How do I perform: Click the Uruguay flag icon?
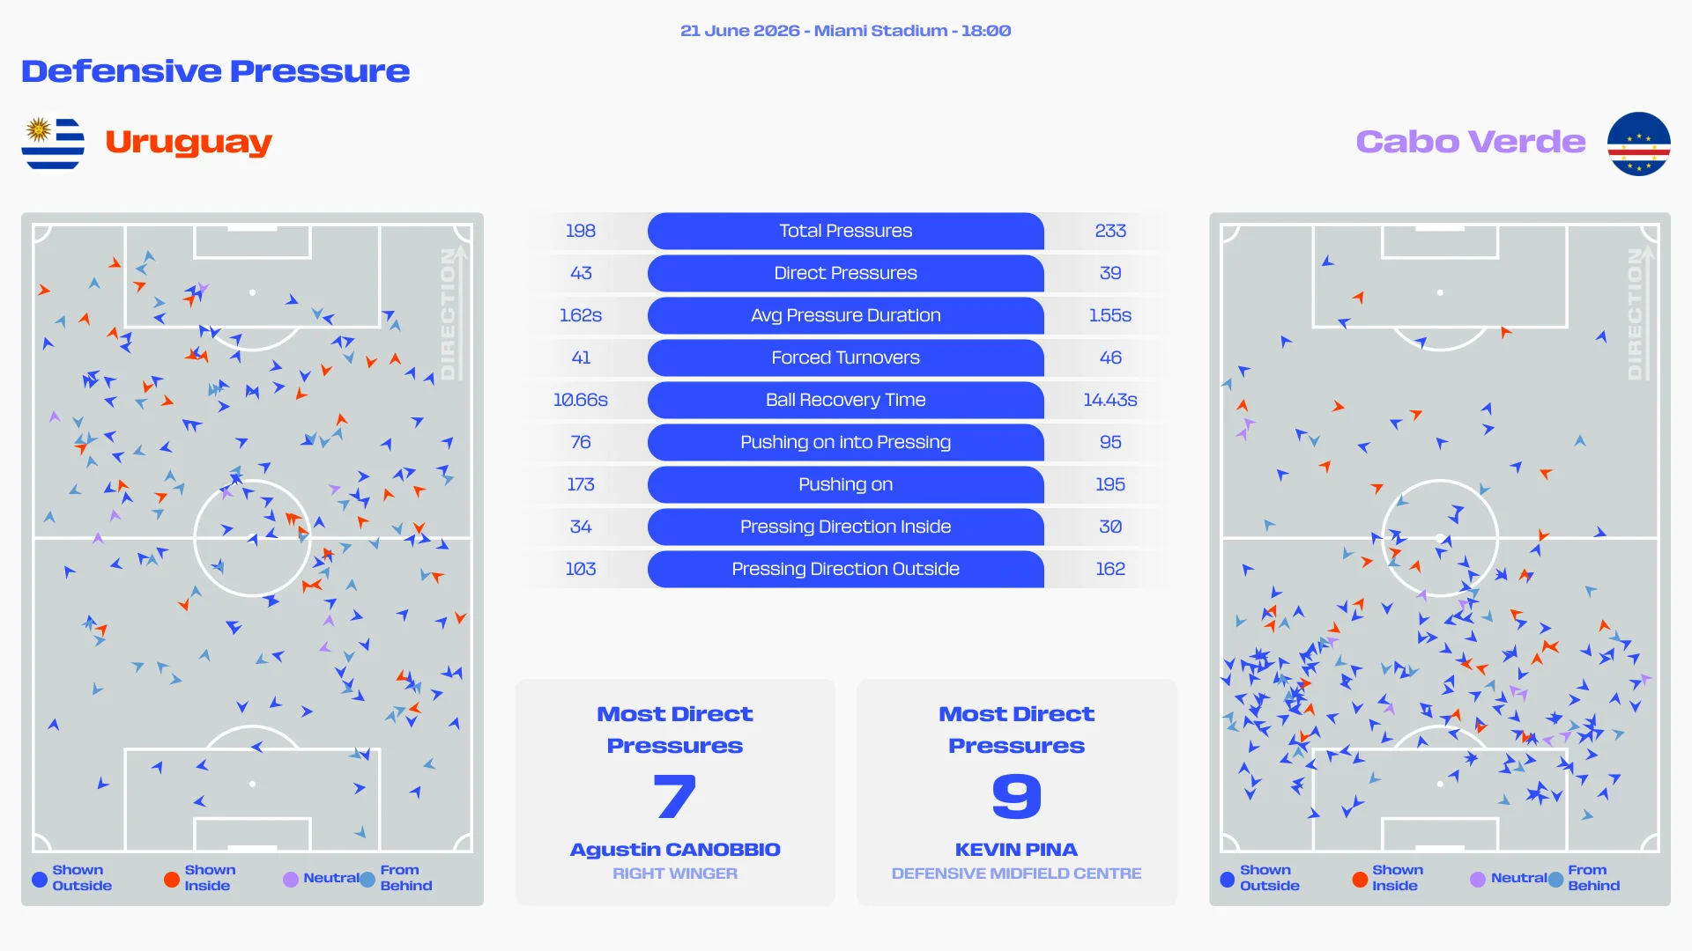pyautogui.click(x=53, y=144)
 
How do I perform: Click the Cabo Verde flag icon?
pyautogui.click(x=1638, y=144)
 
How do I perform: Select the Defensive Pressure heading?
pyautogui.click(x=216, y=71)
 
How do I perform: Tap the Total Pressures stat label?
pyautogui.click(x=845, y=231)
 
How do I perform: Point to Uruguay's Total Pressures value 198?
pyautogui.click(x=581, y=231)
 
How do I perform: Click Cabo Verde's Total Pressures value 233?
pyautogui.click(x=1110, y=231)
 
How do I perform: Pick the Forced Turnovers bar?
pyautogui.click(x=845, y=358)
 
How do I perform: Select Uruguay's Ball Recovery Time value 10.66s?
pyautogui.click(x=581, y=400)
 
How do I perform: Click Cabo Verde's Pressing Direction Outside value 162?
pyautogui.click(x=1110, y=569)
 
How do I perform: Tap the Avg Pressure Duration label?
pyautogui.click(x=845, y=315)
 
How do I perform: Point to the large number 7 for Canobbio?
pyautogui.click(x=675, y=796)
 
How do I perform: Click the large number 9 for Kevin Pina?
pyautogui.click(x=1017, y=796)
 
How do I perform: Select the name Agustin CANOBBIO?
pyautogui.click(x=675, y=850)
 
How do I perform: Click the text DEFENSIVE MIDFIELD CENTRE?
pyautogui.click(x=1016, y=874)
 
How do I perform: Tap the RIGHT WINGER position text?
pyautogui.click(x=675, y=874)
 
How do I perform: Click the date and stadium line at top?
pyautogui.click(x=845, y=31)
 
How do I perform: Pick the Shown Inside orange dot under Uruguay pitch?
pyautogui.click(x=172, y=879)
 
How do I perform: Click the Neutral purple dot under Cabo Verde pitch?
pyautogui.click(x=1478, y=879)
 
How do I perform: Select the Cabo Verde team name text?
pyautogui.click(x=1470, y=142)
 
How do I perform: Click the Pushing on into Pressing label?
pyautogui.click(x=845, y=442)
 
